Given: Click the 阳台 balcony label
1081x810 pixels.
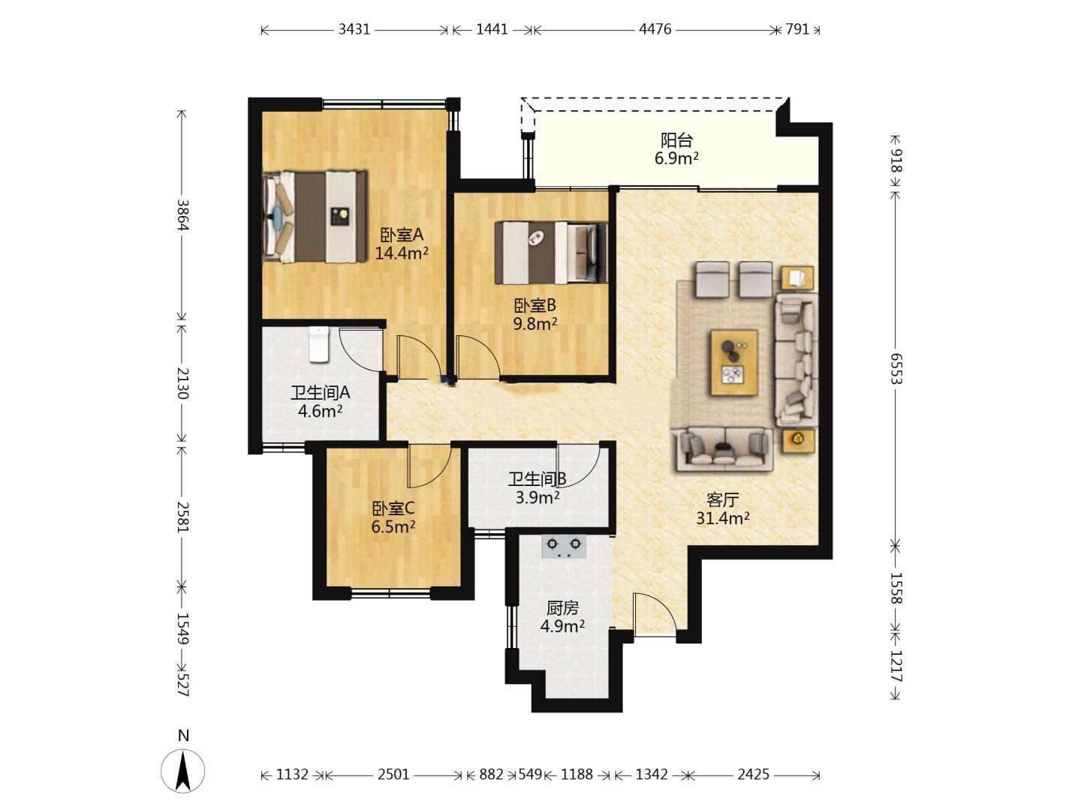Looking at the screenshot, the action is click(x=676, y=141).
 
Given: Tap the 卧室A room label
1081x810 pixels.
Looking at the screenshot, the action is click(x=402, y=235).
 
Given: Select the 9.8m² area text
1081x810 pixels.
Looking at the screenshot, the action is click(x=535, y=324).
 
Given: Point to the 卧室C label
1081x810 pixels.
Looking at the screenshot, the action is click(x=393, y=508).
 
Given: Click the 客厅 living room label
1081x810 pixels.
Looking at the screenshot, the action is click(x=722, y=500).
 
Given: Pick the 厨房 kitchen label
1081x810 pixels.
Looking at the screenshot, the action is click(x=562, y=608).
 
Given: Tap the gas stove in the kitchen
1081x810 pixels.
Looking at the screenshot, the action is click(x=564, y=547).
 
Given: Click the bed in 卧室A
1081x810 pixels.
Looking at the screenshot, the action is click(x=315, y=217).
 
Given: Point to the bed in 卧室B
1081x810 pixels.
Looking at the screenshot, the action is click(x=551, y=253).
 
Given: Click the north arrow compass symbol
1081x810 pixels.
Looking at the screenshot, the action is click(x=183, y=771).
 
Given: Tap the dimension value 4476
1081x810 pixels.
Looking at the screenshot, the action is click(x=655, y=29).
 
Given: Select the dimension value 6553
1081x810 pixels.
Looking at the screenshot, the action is click(x=896, y=368).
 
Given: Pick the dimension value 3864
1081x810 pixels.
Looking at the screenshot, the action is click(x=182, y=215).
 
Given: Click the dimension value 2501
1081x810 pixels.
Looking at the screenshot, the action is click(x=393, y=775).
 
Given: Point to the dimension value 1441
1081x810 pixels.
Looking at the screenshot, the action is click(x=492, y=29).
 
